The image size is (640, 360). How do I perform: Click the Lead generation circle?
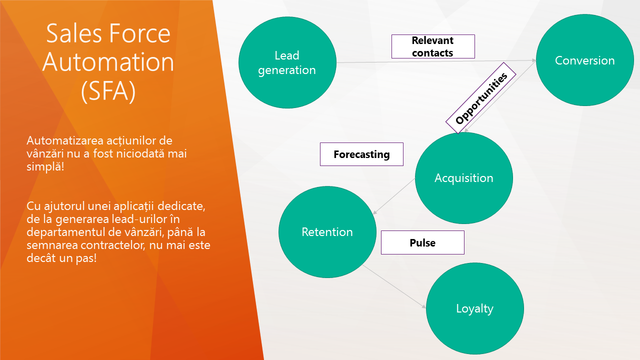click(x=287, y=62)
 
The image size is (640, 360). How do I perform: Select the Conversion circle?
click(x=584, y=60)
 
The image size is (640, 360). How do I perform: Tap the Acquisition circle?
click(x=463, y=178)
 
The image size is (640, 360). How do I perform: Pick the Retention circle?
click(x=327, y=232)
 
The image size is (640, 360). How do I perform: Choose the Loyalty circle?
click(x=474, y=308)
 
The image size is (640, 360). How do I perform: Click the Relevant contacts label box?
click(x=432, y=46)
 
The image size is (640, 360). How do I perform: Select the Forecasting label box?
click(x=361, y=154)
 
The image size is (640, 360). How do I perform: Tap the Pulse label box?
click(x=422, y=242)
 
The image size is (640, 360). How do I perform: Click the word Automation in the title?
click(x=108, y=62)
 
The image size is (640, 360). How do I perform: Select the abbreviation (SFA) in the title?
click(x=108, y=91)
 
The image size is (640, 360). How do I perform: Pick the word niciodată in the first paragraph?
click(x=140, y=153)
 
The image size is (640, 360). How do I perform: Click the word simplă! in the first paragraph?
click(x=45, y=166)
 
